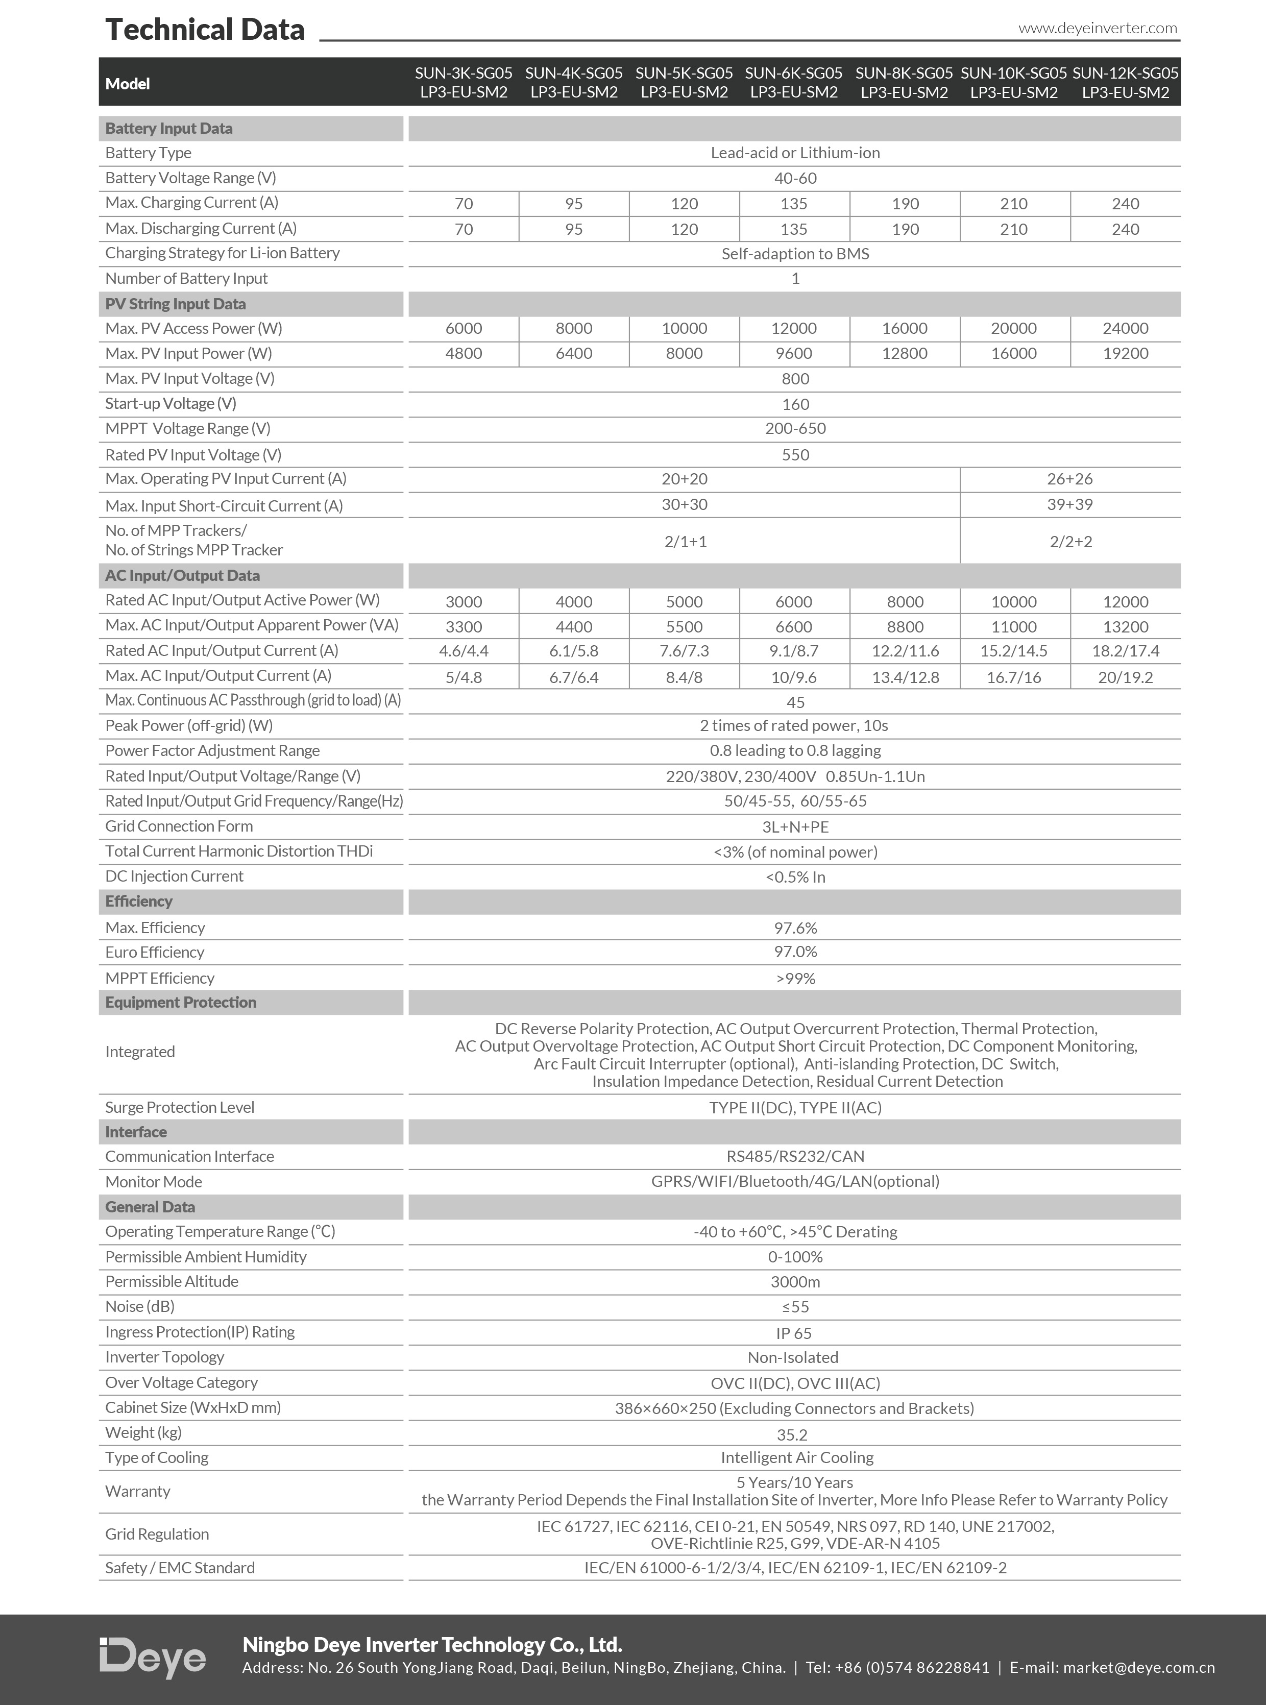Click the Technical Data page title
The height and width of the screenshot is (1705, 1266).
(x=205, y=29)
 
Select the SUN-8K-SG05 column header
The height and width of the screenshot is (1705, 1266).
(x=904, y=83)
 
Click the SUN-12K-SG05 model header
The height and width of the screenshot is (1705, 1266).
(x=1125, y=83)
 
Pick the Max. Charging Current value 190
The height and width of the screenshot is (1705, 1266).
(x=905, y=204)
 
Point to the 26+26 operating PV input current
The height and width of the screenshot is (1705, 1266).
(x=1070, y=479)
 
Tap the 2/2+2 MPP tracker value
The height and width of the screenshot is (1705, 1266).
(x=1070, y=542)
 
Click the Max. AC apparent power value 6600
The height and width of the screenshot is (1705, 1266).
(x=794, y=627)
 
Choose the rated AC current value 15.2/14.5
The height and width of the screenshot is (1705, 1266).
(x=1013, y=651)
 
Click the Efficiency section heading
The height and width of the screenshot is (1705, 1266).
(x=139, y=901)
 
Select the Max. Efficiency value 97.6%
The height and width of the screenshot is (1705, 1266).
(x=795, y=928)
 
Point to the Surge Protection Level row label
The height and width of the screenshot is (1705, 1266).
(x=179, y=1107)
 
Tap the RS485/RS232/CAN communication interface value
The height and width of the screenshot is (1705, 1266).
(x=795, y=1156)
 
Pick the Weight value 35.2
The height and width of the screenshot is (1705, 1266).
(x=792, y=1434)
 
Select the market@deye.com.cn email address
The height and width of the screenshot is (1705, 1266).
(x=1139, y=1667)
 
